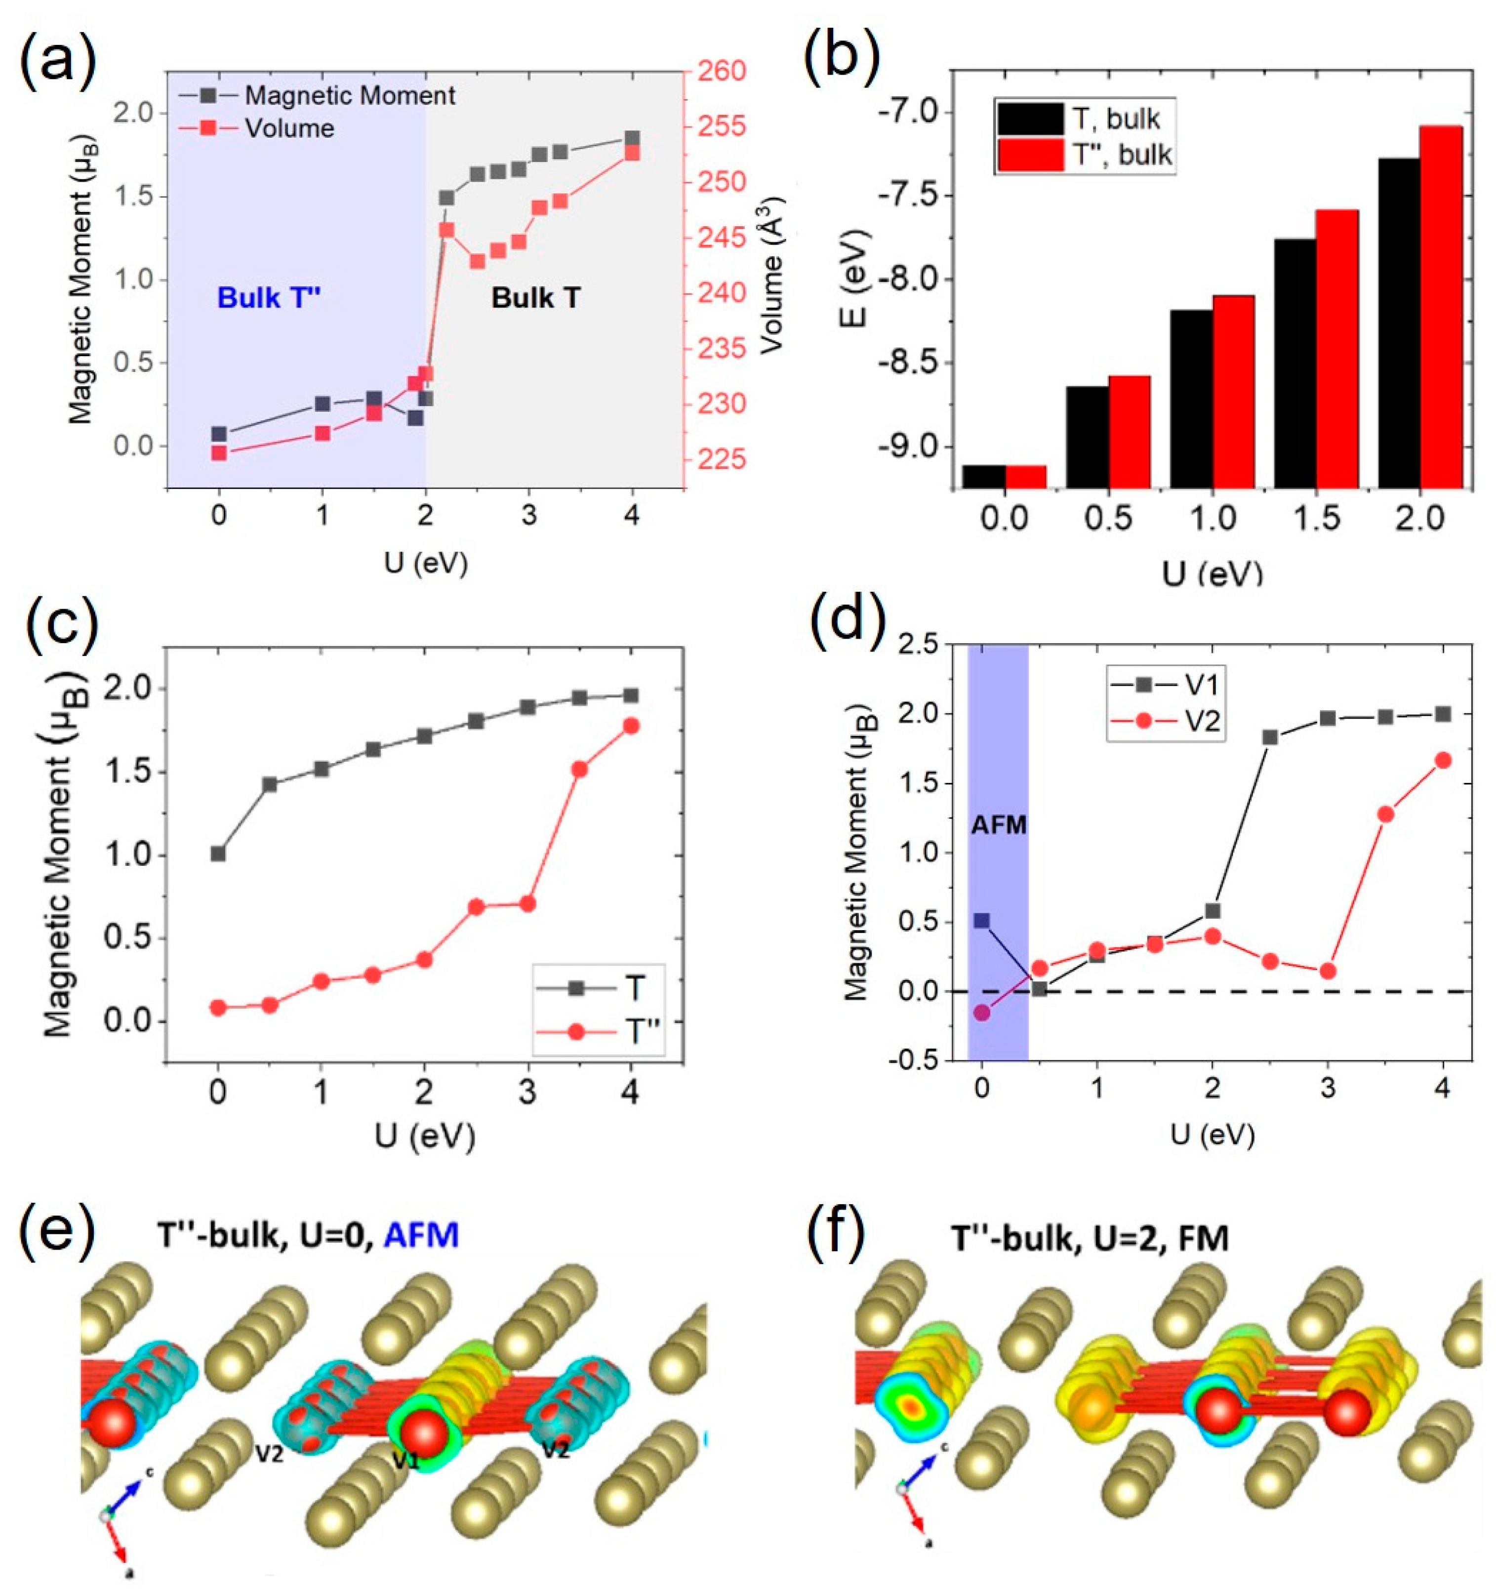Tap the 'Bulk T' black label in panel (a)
pos(535,298)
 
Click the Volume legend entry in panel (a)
pos(289,128)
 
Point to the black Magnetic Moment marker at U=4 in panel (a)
pos(632,138)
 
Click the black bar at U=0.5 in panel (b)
pos(1087,436)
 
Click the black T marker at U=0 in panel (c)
pos(218,854)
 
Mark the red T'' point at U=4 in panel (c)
pos(631,725)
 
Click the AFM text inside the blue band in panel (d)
pos(998,825)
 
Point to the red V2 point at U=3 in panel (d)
pos(1327,971)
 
